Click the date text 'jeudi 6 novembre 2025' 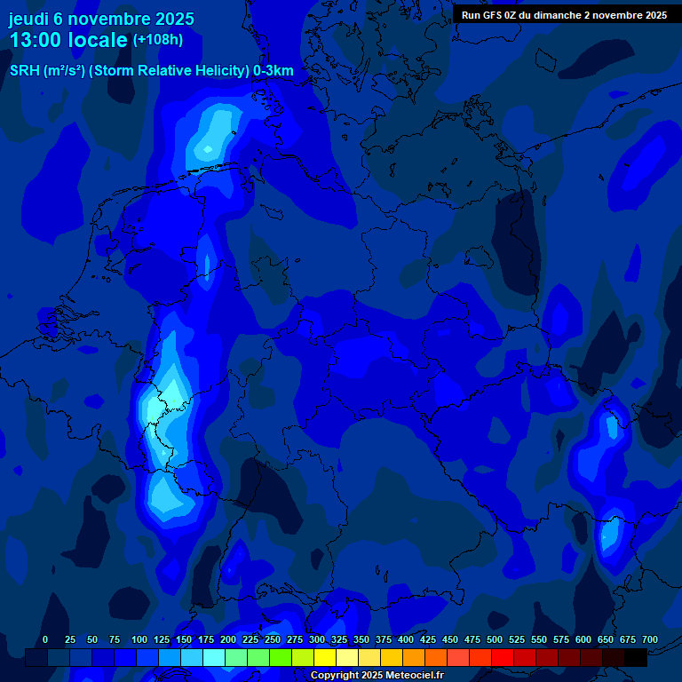click(101, 19)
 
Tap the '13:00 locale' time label click(68, 40)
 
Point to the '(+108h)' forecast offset click(158, 40)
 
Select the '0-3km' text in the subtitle click(274, 71)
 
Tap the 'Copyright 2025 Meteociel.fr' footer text click(377, 676)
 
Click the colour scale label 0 click(45, 640)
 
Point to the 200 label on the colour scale click(228, 640)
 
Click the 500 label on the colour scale click(495, 640)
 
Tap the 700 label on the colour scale click(650, 640)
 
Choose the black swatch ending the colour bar click(636, 658)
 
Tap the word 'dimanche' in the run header click(553, 15)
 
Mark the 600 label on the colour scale click(583, 640)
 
